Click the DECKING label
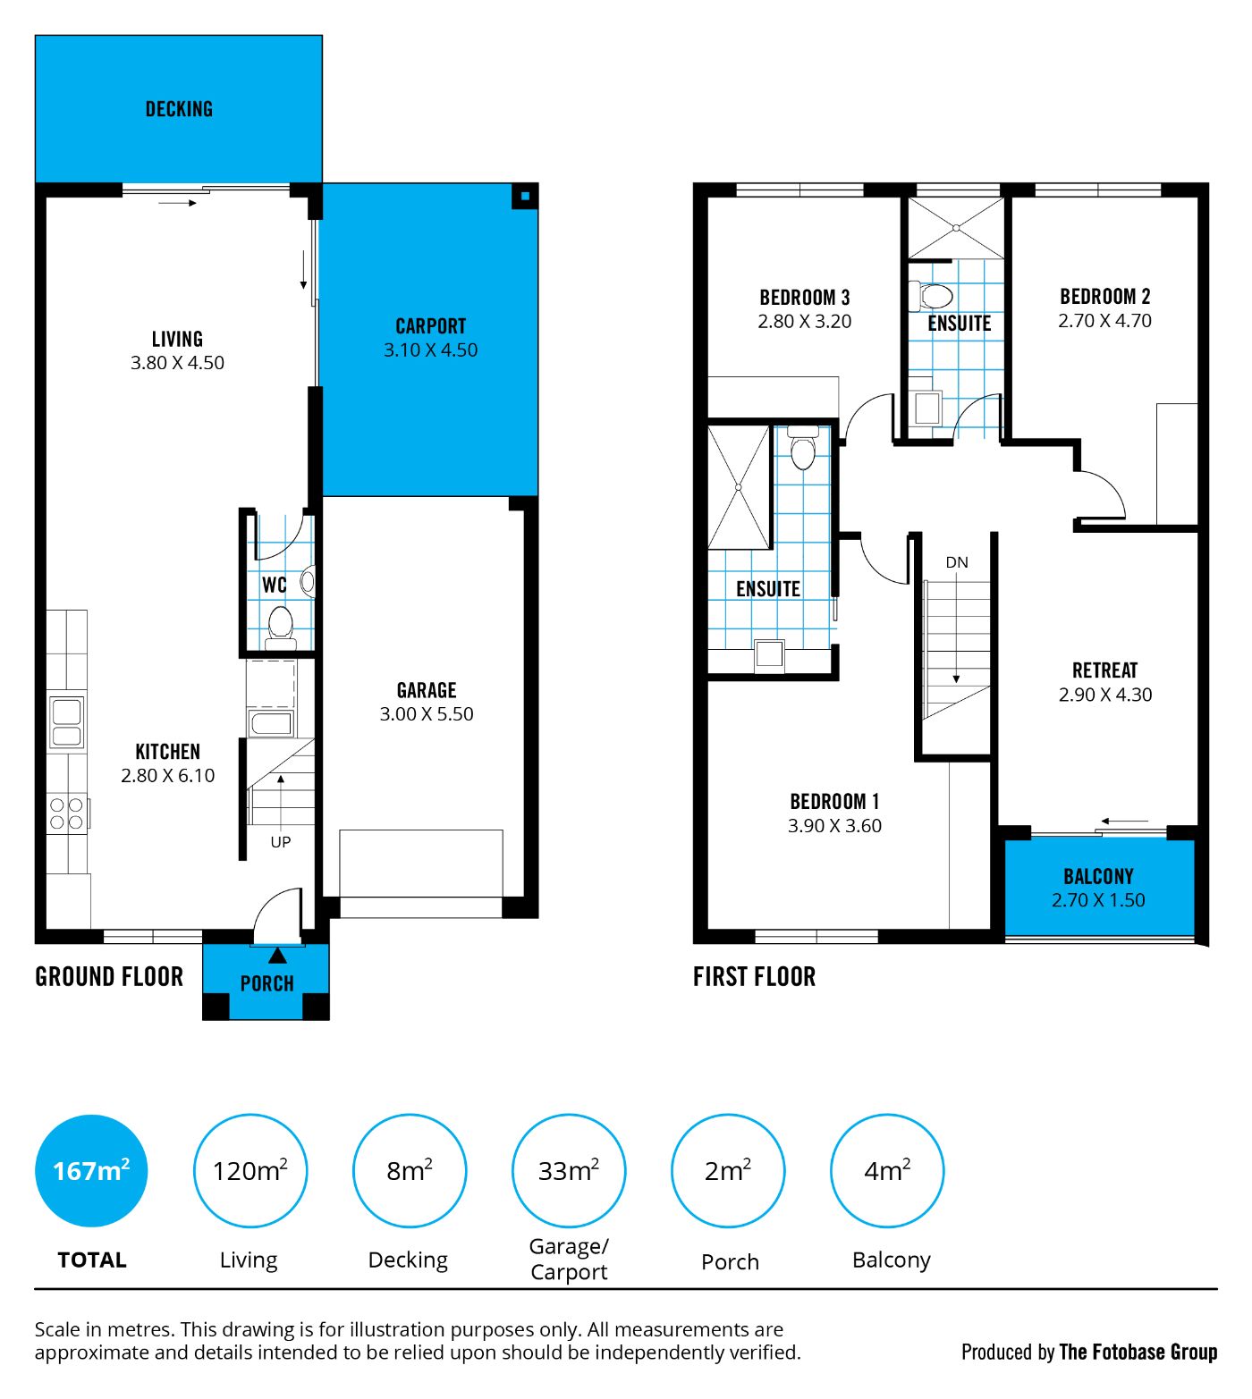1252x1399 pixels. [x=179, y=109]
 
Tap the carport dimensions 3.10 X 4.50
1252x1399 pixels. [x=431, y=350]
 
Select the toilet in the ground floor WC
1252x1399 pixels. [x=281, y=627]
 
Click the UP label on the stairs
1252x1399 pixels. [x=281, y=842]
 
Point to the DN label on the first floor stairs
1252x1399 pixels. [x=957, y=562]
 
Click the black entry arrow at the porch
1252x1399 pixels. [x=278, y=955]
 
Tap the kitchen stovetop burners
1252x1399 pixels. [x=66, y=814]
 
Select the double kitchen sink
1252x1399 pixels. [x=66, y=721]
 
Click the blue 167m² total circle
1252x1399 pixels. [x=91, y=1171]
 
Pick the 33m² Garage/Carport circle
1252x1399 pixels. [x=569, y=1171]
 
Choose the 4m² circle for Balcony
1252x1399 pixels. [x=887, y=1171]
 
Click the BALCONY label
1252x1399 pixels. [x=1098, y=877]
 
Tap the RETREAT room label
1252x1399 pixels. [x=1105, y=670]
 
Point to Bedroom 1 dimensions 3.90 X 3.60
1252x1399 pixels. [x=834, y=826]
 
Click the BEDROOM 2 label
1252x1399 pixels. [x=1105, y=297]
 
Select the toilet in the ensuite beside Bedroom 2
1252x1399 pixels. [x=932, y=296]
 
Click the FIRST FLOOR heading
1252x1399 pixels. [x=754, y=977]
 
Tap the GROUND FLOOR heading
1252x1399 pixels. [x=109, y=977]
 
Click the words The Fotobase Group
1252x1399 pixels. [x=1138, y=1352]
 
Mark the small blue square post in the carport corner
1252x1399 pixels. [x=525, y=197]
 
